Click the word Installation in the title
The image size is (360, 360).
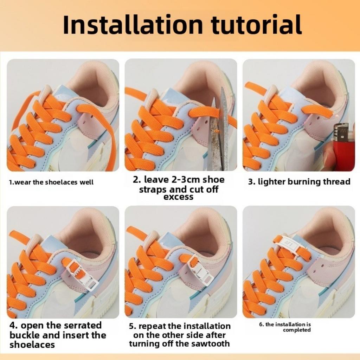(133, 25)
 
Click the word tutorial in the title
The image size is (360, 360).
(256, 25)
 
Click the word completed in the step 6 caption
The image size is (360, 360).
(297, 330)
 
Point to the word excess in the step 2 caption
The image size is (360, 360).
(178, 197)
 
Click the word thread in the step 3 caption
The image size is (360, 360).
(336, 182)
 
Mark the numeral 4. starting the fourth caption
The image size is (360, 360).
(14, 325)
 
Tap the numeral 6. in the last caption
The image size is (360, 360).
(262, 324)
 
